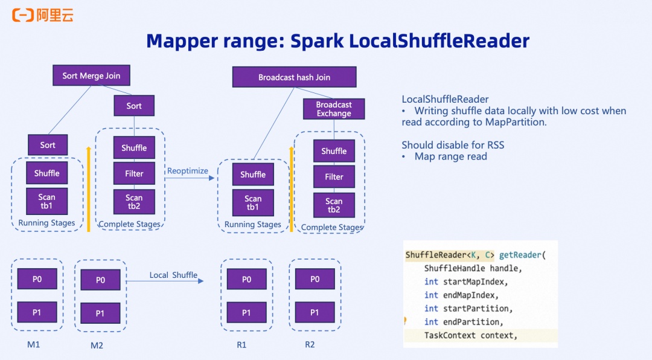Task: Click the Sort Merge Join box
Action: click(91, 76)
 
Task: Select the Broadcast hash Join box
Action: click(294, 77)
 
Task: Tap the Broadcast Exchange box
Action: click(334, 109)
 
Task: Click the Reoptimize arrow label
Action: click(187, 171)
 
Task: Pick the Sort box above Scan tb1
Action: click(48, 145)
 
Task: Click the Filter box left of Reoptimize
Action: click(134, 173)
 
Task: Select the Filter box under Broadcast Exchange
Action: click(334, 177)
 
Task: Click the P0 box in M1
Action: click(37, 279)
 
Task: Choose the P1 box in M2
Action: click(100, 313)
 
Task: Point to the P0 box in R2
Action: click(315, 279)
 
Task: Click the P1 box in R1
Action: click(246, 312)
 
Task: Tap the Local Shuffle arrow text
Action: click(173, 275)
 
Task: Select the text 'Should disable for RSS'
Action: click(453, 145)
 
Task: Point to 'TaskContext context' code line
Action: click(471, 335)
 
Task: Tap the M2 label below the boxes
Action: click(97, 346)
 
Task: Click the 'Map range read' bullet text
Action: click(450, 156)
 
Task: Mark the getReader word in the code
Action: click(520, 255)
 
